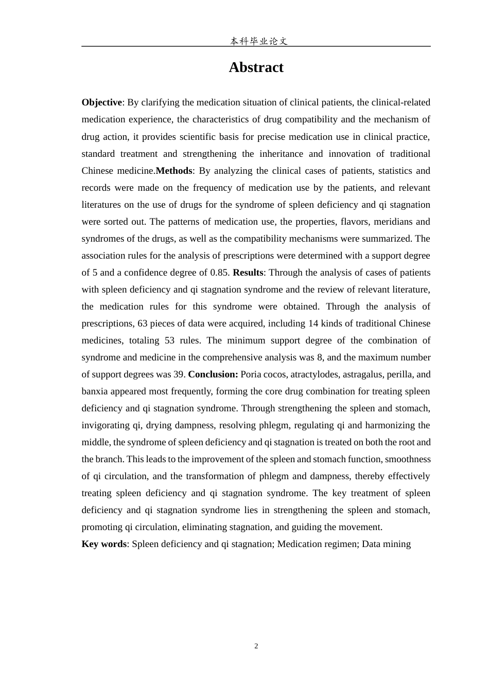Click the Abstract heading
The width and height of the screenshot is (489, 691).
[256, 67]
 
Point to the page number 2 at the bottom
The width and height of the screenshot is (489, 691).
[256, 646]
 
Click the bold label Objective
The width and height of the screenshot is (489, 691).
[101, 102]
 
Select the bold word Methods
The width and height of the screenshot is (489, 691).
[173, 171]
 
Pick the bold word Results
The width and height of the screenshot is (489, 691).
[248, 272]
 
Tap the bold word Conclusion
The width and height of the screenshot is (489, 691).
[213, 374]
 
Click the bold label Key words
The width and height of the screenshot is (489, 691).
[104, 544]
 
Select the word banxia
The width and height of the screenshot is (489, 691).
[95, 391]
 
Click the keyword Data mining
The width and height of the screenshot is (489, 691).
[386, 544]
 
